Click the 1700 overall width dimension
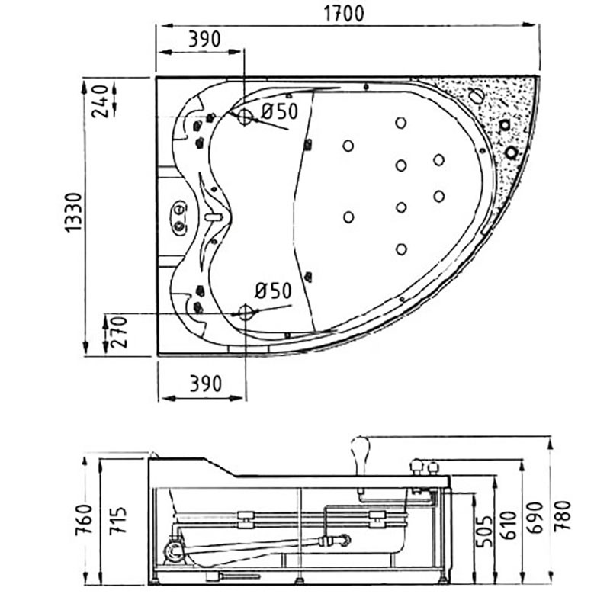pyautogui.click(x=344, y=14)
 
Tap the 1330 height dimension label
pyautogui.click(x=73, y=213)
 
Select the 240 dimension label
pyautogui.click(x=100, y=101)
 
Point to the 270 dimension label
pyautogui.click(x=120, y=332)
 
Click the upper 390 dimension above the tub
pyautogui.click(x=204, y=39)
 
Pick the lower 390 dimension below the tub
pyautogui.click(x=205, y=384)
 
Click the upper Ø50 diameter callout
pyautogui.click(x=279, y=111)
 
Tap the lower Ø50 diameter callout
pyautogui.click(x=273, y=291)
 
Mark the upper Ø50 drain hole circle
pyautogui.click(x=245, y=117)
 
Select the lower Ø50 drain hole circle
pyautogui.click(x=246, y=312)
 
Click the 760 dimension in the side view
pyautogui.click(x=85, y=519)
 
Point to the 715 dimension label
pyautogui.click(x=118, y=520)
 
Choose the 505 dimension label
pyautogui.click(x=484, y=531)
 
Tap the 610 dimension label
pyautogui.click(x=508, y=525)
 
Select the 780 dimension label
pyautogui.click(x=563, y=515)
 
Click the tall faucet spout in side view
pyautogui.click(x=360, y=454)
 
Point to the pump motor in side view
pyautogui.click(x=175, y=551)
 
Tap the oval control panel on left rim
pyautogui.click(x=179, y=218)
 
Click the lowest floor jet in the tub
pyautogui.click(x=401, y=249)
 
